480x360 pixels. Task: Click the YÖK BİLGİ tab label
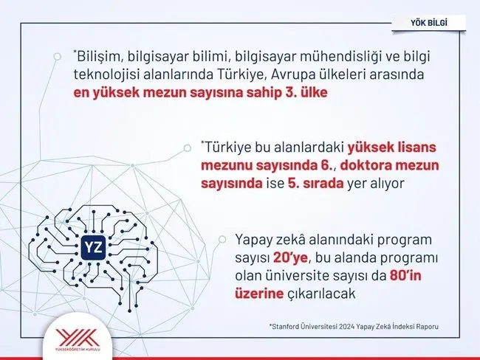[x=429, y=23]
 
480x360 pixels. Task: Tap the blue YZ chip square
[x=93, y=247]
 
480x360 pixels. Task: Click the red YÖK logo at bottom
[x=78, y=338]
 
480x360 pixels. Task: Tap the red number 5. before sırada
[x=294, y=184]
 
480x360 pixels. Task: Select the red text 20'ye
[x=290, y=258]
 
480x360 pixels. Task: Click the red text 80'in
[x=405, y=276]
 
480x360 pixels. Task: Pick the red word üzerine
[x=259, y=294]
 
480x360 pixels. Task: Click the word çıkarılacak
[x=322, y=294]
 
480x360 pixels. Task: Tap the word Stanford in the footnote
[x=285, y=327]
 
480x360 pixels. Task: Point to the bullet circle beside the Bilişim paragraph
[x=57, y=57]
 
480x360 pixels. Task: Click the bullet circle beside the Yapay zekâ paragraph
[x=222, y=240]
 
